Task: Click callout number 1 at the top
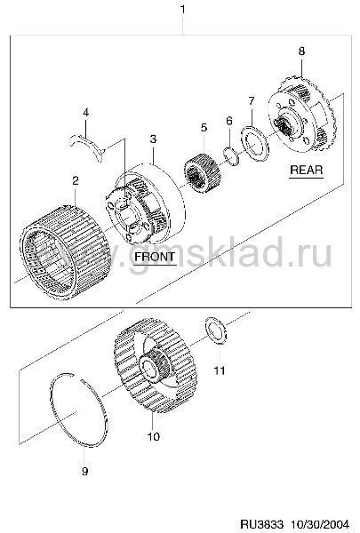tap(182, 9)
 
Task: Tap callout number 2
tap(76, 180)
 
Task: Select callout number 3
tap(153, 139)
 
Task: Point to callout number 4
tap(85, 112)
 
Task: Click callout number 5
tap(204, 128)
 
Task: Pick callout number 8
tap(301, 52)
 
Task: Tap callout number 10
tap(154, 436)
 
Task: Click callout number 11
tap(220, 370)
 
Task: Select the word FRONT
tap(155, 257)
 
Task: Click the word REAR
tap(307, 170)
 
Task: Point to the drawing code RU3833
tap(261, 524)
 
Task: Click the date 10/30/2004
tap(320, 524)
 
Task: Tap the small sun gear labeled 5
tap(203, 173)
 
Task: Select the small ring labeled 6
tap(232, 155)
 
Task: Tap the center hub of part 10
tap(156, 366)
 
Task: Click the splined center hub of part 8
tap(285, 126)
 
